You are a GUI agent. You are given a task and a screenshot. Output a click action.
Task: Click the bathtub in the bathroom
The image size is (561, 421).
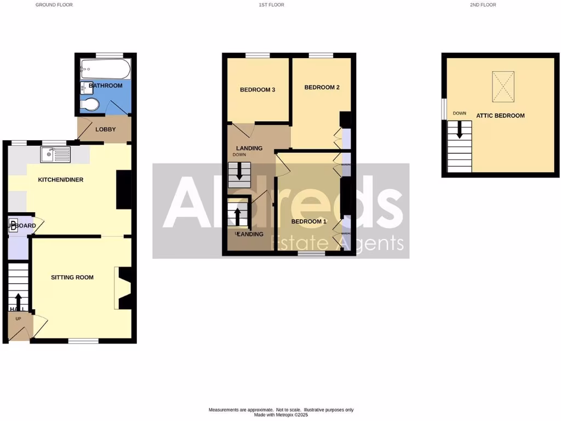[x=105, y=69]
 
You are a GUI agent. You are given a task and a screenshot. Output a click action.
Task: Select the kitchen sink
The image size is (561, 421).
[x=55, y=155]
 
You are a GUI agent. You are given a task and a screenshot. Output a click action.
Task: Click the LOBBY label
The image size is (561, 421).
[x=105, y=130]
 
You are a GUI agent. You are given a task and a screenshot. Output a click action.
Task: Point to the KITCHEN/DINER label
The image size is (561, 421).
[x=60, y=180]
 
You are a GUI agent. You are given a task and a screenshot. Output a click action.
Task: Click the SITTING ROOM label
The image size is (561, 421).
[x=72, y=277]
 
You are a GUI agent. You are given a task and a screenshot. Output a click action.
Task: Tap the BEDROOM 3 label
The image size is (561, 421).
[x=257, y=90]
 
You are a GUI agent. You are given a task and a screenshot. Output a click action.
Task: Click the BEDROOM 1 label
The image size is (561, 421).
[x=308, y=221]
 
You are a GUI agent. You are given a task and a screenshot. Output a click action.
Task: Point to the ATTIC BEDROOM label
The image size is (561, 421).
[x=500, y=116]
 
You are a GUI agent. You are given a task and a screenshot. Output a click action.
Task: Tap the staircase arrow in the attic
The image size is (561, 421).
[x=460, y=130]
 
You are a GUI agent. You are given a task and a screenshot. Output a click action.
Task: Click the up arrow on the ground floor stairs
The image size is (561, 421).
[x=18, y=301]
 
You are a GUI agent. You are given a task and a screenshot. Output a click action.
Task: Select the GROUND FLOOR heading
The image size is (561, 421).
[x=54, y=5]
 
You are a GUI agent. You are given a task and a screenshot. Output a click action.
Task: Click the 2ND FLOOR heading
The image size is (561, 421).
[x=482, y=5]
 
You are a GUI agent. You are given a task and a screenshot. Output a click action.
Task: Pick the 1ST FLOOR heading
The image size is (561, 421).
[x=271, y=5]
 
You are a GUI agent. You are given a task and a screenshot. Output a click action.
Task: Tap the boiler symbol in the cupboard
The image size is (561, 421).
[x=13, y=225]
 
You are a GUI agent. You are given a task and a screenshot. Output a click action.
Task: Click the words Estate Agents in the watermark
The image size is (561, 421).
[x=340, y=243]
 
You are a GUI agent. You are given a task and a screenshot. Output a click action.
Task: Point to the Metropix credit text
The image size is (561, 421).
[x=280, y=414]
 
